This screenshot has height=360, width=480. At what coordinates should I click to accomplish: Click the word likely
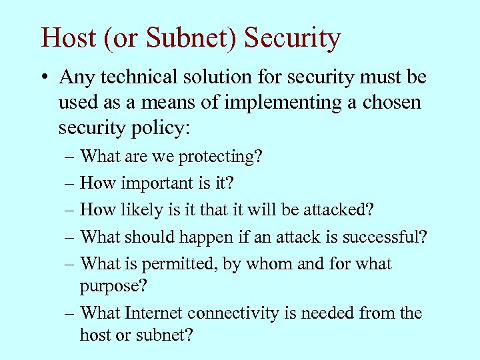point(136,210)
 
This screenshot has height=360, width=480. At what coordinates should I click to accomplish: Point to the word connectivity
point(225,313)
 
